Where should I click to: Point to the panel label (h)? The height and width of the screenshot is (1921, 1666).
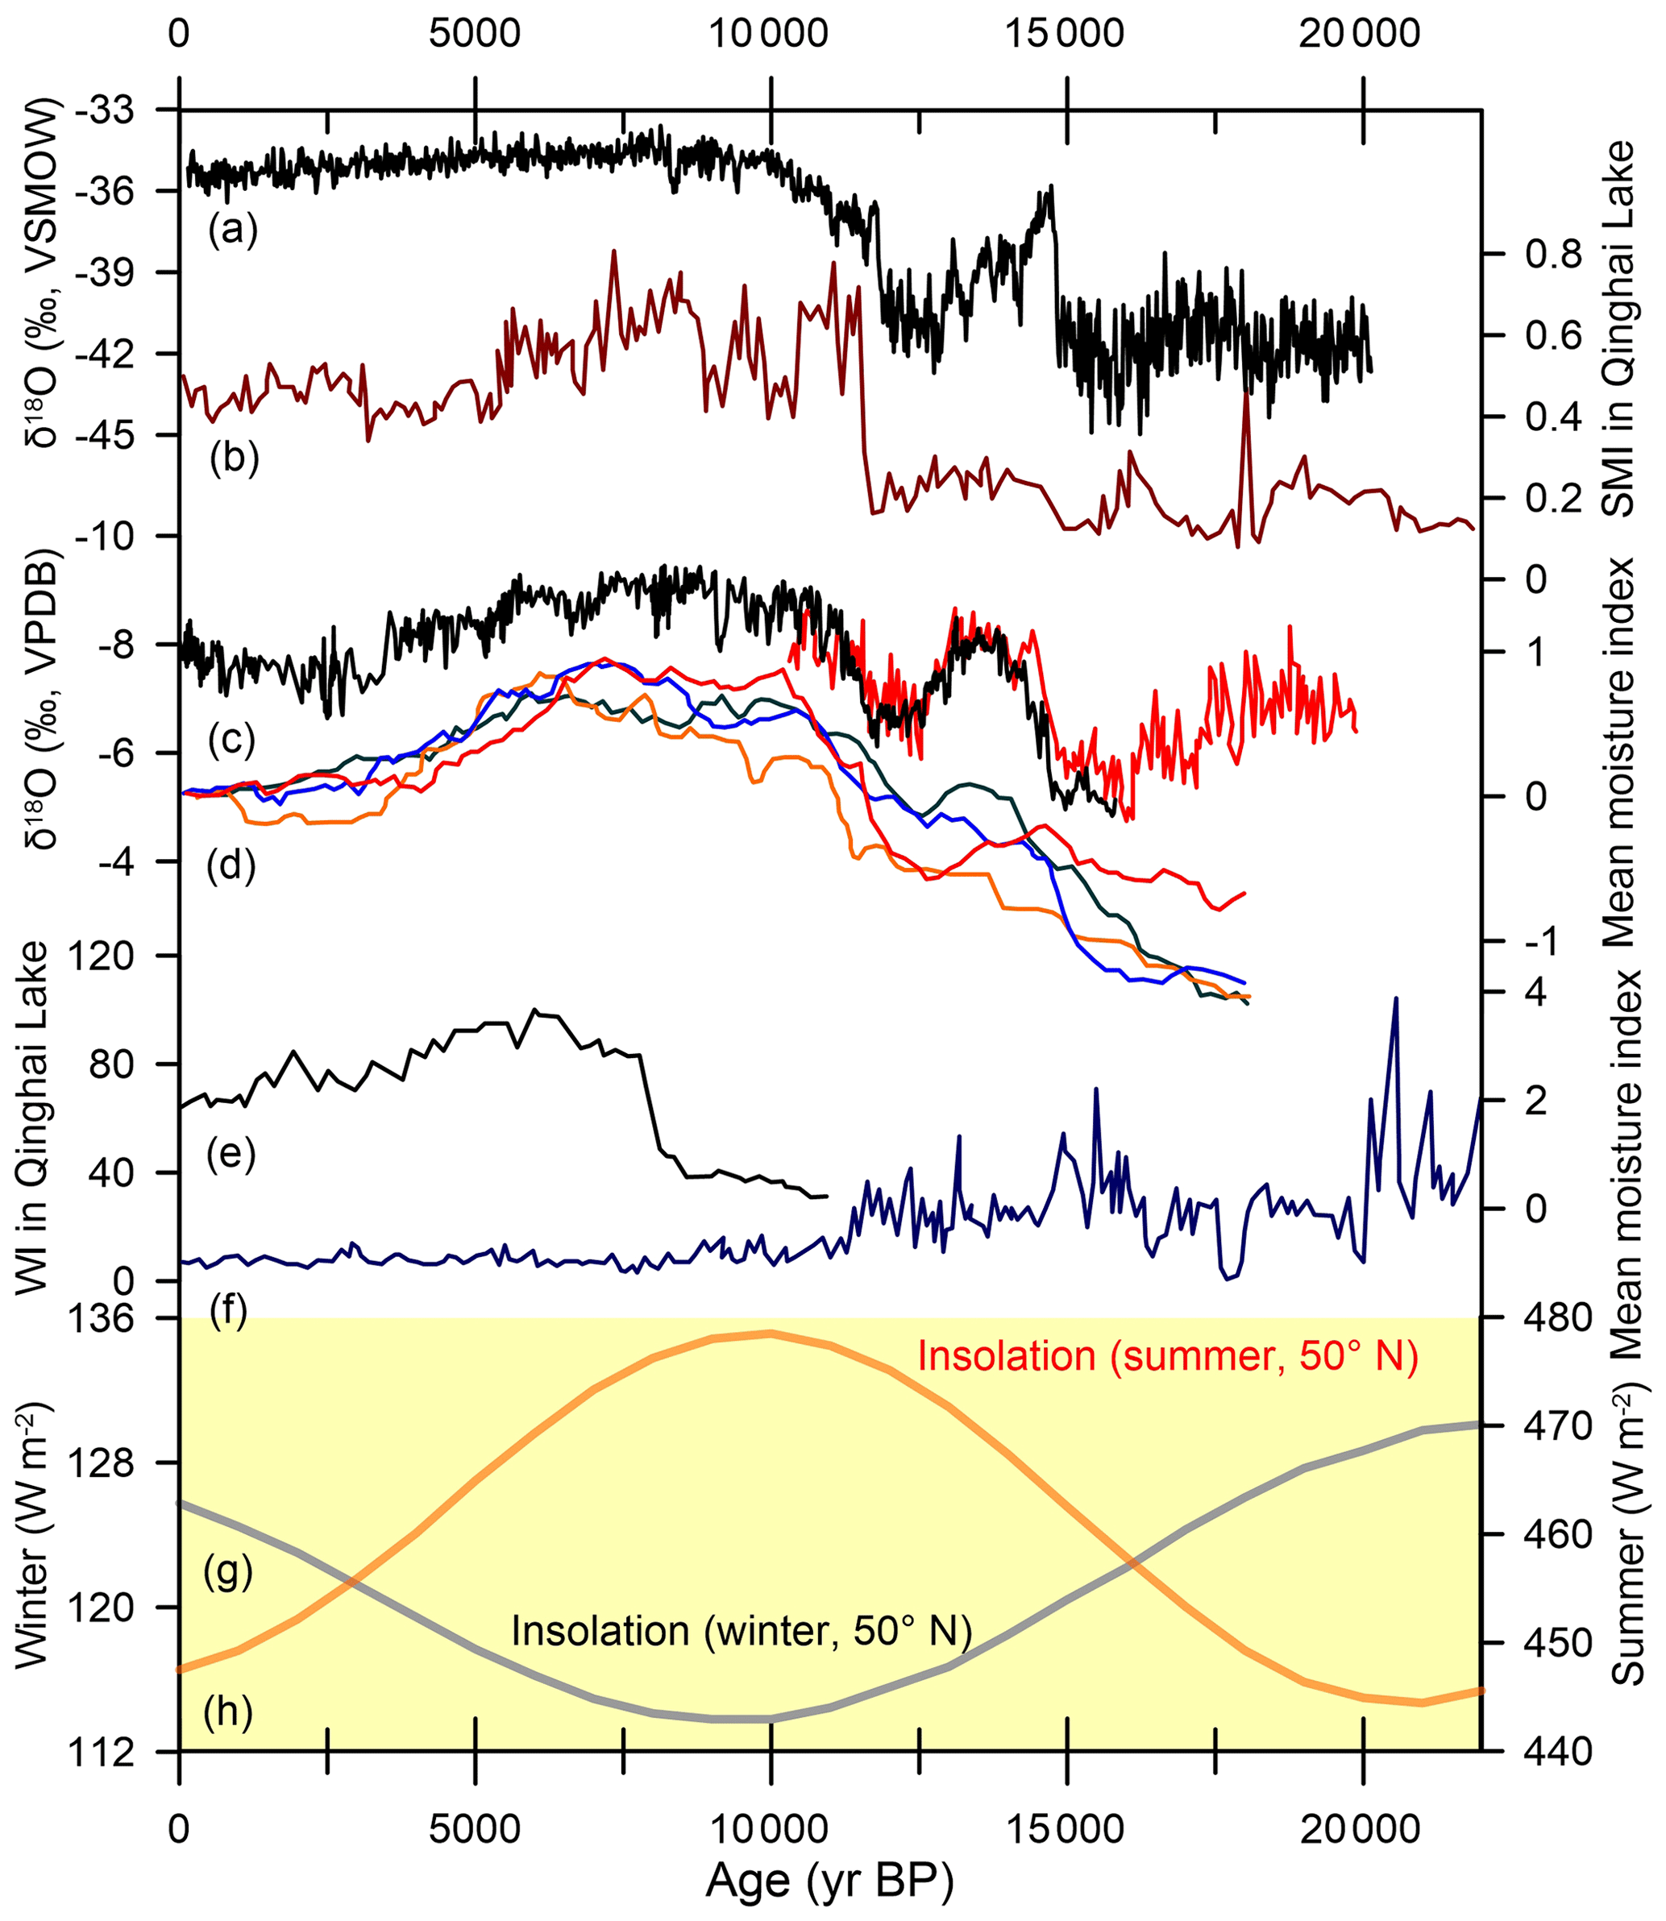click(x=228, y=1711)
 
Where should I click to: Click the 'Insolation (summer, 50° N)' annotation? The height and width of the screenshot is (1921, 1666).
click(x=1168, y=1356)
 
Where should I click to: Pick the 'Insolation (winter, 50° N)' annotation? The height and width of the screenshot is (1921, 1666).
click(x=741, y=1631)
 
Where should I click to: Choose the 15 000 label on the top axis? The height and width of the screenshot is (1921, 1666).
click(x=1066, y=35)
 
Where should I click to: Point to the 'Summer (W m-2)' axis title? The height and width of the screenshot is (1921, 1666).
click(x=1629, y=1533)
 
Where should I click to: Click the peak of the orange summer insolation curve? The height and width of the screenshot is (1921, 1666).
click(x=770, y=1333)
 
